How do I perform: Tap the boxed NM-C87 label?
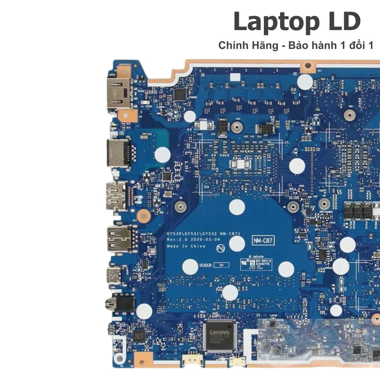(263, 241)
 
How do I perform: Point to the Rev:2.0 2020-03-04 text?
(193, 240)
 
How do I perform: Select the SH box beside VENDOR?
(221, 265)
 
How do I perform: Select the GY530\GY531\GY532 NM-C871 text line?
(203, 234)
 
